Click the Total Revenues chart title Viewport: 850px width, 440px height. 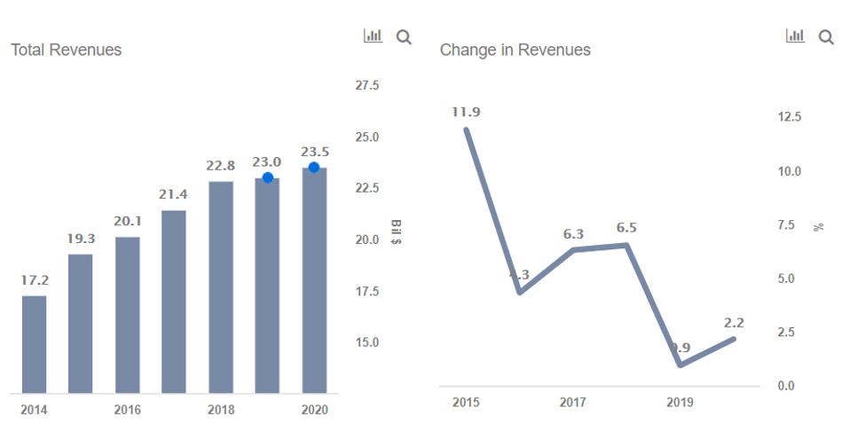66,51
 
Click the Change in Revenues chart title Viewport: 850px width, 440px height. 515,51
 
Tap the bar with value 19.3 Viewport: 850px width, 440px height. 81,324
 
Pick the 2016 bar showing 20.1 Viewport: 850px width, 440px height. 127,315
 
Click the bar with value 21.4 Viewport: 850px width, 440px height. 174,302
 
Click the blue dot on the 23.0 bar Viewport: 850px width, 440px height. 268,177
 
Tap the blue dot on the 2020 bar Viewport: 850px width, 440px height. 314,167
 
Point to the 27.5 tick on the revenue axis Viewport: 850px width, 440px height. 367,86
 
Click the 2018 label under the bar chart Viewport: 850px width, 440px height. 220,410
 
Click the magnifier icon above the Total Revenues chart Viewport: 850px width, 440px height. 404,37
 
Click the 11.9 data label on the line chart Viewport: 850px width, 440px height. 467,113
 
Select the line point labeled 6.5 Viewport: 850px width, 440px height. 626,245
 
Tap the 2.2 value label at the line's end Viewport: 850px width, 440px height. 735,323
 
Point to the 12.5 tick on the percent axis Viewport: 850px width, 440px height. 790,117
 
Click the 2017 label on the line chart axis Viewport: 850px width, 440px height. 572,403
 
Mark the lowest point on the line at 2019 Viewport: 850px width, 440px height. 680,365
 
